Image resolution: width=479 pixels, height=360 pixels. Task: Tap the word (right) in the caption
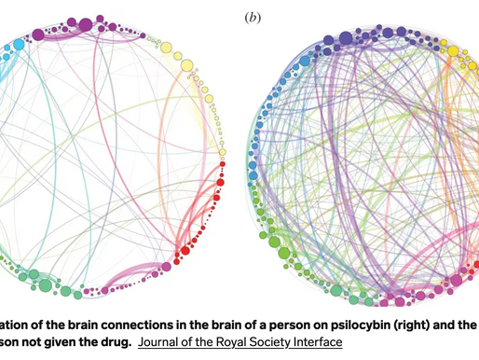[373, 319]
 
